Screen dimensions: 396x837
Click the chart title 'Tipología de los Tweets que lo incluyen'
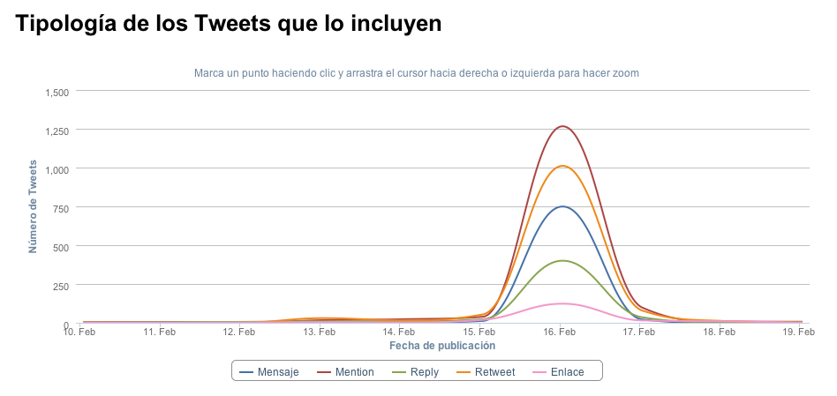228,26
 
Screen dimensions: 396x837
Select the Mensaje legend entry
269,372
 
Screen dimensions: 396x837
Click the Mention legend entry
345,372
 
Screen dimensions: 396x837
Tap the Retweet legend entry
487,372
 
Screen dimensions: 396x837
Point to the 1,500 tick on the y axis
56,92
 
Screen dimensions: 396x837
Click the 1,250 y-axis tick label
56,131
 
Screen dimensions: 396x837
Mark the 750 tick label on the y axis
61,207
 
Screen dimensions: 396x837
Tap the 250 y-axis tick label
61,285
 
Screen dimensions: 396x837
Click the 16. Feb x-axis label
560,332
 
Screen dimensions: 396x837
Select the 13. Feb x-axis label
320,332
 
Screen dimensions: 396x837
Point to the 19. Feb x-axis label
799,332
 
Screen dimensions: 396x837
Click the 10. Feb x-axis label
79,332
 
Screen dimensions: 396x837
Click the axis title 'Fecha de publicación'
442,346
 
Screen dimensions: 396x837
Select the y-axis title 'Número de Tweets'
33,206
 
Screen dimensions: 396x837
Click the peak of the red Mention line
561,126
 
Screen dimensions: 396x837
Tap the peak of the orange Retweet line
561,166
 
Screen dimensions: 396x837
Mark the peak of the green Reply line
561,261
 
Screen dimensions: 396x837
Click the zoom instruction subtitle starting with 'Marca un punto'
416,72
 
